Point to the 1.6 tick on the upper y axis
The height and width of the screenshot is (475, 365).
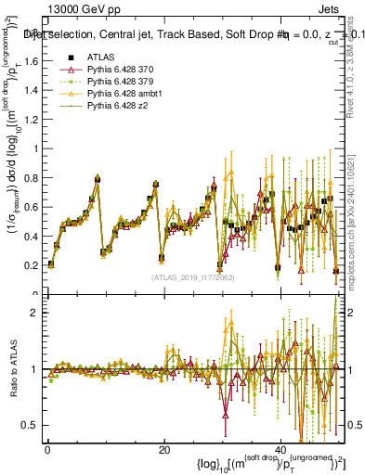(33, 62)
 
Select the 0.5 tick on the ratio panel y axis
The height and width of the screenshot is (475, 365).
(33, 425)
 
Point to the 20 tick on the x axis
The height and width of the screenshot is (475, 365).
(163, 451)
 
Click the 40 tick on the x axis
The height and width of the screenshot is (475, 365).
(280, 451)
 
